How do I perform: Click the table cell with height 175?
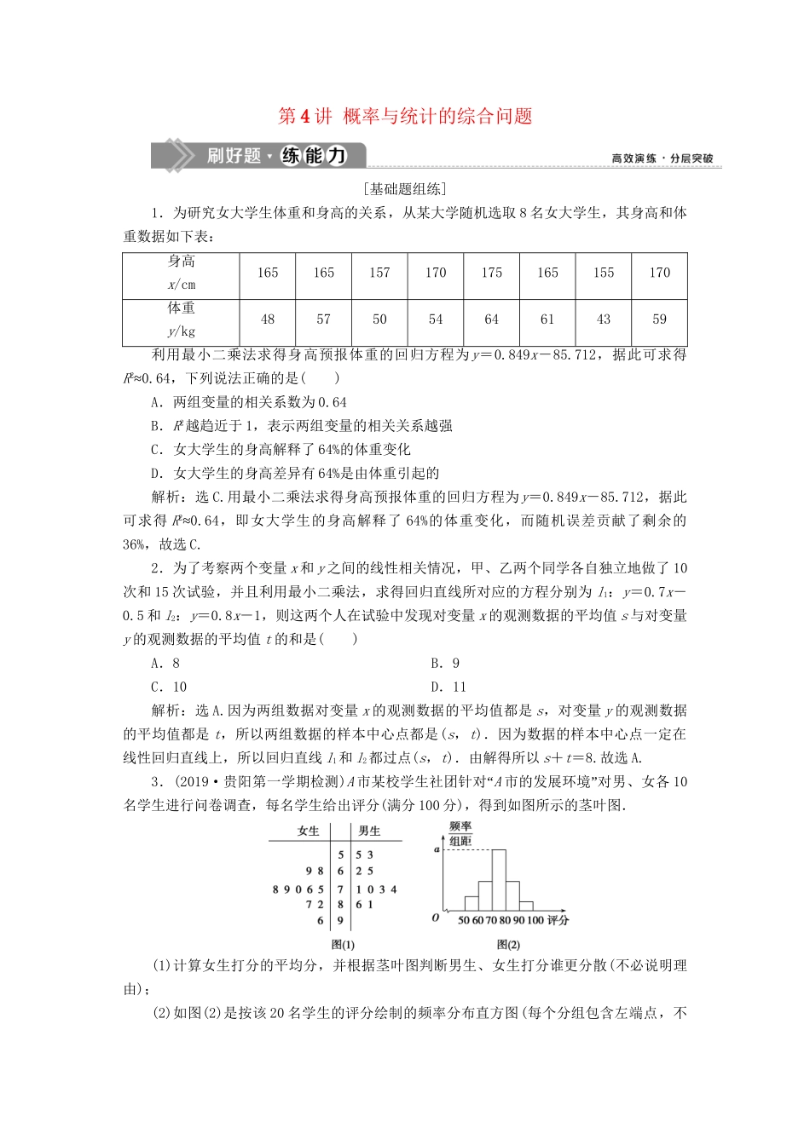(x=491, y=273)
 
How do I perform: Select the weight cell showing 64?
(x=491, y=319)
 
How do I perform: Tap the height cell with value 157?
(x=379, y=273)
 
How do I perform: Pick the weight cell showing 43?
(x=604, y=319)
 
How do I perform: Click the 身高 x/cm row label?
(x=181, y=273)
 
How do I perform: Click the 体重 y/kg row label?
(x=181, y=319)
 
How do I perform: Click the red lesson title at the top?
(x=405, y=117)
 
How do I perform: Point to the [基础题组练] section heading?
(x=404, y=189)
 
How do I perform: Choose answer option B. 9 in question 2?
(x=445, y=664)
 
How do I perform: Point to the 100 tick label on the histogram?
(x=535, y=920)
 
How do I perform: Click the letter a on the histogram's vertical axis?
(x=437, y=849)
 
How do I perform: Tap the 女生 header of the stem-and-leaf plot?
(x=308, y=831)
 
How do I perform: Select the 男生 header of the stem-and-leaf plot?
(x=369, y=831)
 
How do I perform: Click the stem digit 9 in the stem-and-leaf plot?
(x=340, y=921)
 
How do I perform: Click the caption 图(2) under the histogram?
(x=508, y=944)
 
